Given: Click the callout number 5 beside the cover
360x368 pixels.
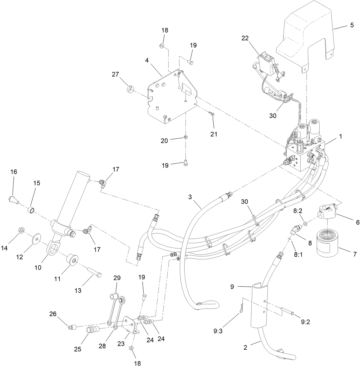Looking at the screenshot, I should tap(352, 25).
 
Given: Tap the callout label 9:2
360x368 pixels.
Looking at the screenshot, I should tap(306, 322).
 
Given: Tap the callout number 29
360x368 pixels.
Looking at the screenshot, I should tap(117, 278).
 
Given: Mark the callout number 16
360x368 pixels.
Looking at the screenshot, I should tap(14, 172).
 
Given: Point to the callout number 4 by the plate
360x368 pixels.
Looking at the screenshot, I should tap(147, 60).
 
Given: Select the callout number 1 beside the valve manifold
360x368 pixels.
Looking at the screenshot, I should tap(340, 137).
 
